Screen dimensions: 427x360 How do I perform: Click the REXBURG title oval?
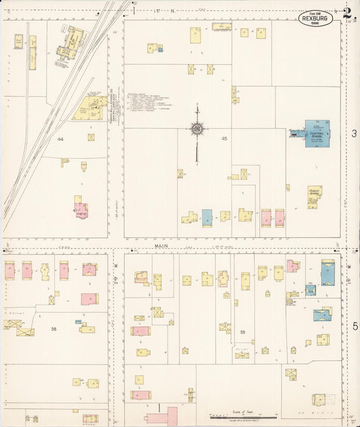pos(319,17)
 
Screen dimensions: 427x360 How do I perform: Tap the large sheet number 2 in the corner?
pos(347,14)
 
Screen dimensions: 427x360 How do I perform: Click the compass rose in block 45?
pos(197,128)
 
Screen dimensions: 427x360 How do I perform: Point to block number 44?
pos(60,139)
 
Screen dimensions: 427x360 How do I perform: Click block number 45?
pos(224,139)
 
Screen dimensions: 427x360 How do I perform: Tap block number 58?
pos(53,328)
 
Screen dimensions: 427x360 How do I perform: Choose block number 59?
pos(242,332)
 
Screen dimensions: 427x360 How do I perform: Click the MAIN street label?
pos(161,247)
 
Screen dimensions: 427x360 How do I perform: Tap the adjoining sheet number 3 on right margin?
pos(353,134)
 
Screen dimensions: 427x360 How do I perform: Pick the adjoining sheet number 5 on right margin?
pos(353,326)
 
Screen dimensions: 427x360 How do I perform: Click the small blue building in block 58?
pos(87,330)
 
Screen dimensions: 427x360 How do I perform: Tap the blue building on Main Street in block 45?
pos(207,217)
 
